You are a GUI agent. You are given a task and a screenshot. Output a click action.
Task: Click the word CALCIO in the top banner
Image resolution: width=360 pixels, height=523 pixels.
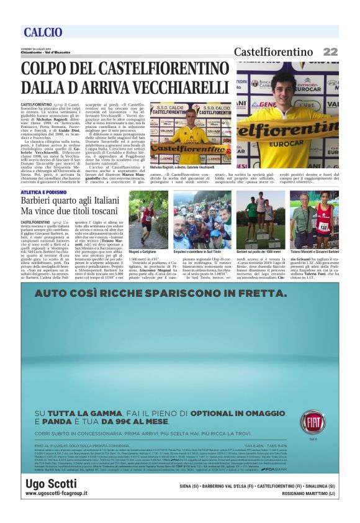pyautogui.click(x=42, y=32)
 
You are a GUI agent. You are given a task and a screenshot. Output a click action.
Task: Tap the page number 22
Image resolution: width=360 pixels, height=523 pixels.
pyautogui.click(x=330, y=52)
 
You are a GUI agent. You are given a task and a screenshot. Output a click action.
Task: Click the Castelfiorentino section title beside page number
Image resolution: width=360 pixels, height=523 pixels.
pyautogui.click(x=273, y=52)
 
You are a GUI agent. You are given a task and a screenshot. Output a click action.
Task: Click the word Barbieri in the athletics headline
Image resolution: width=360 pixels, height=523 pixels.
pyautogui.click(x=37, y=202)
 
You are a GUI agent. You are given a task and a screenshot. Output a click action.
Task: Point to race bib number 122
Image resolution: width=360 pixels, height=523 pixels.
pyautogui.click(x=323, y=227)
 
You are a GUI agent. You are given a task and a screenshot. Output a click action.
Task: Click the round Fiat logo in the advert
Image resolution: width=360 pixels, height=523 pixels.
pyautogui.click(x=312, y=422)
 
